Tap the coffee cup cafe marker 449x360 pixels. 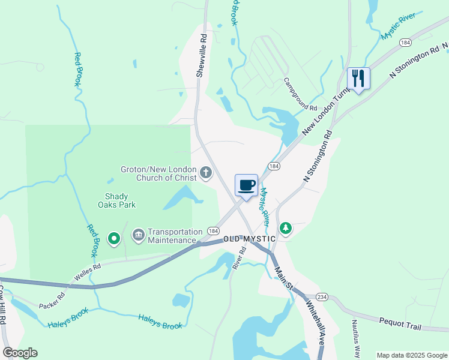coord(246,185)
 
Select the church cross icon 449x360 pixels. coord(206,174)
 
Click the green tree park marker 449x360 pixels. coord(286,228)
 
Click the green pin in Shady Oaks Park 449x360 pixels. coord(113,239)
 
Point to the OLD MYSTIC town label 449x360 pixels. coord(249,239)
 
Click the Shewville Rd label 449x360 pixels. coord(202,55)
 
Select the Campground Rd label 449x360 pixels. coord(300,94)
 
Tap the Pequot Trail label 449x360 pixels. coord(400,323)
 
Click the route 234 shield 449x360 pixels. coord(322,297)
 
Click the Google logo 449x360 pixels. coord(20,353)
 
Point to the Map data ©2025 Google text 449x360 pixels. coord(411,355)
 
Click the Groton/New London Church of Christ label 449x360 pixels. coord(159,173)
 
